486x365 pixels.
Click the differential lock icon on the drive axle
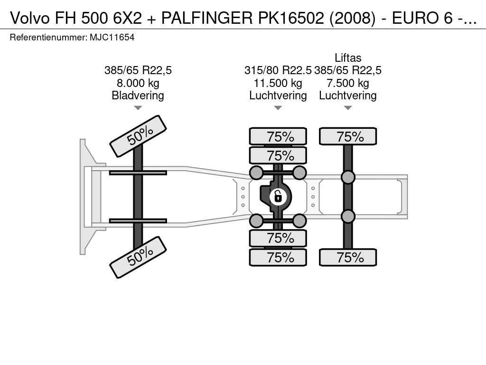click(x=278, y=196)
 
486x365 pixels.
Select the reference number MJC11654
click(x=112, y=37)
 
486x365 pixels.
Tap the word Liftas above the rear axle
click(x=348, y=58)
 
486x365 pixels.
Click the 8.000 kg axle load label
click(x=138, y=83)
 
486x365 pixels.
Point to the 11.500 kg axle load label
click(x=278, y=83)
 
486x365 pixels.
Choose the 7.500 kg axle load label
click(x=348, y=83)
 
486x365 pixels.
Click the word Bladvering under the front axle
click(x=138, y=96)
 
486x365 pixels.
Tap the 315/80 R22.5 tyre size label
click(x=278, y=71)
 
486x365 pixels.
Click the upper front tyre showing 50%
click(x=138, y=135)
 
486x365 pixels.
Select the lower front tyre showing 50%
click(x=138, y=257)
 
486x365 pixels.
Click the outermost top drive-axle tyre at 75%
click(x=278, y=136)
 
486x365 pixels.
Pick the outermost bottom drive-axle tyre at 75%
click(x=278, y=258)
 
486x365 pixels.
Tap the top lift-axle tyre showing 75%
click(x=348, y=136)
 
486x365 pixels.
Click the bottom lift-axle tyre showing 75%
click(x=348, y=258)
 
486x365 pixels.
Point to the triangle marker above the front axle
click(x=138, y=108)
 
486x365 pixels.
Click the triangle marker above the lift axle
click(x=348, y=108)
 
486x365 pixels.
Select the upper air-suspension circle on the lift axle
click(x=348, y=177)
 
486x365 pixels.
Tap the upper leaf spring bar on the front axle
click(x=138, y=173)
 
